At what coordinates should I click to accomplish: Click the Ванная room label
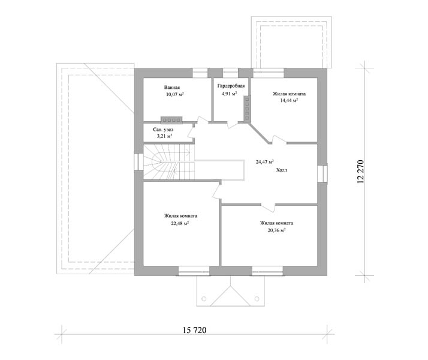coord(172,88)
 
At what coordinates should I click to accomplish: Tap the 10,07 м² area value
coord(174,95)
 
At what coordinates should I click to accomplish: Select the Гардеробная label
coord(231,86)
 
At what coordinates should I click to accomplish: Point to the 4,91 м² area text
coord(229,94)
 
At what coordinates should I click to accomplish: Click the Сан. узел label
coord(163,130)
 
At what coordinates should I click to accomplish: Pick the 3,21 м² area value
coord(164,136)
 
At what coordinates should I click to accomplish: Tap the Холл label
coord(282,170)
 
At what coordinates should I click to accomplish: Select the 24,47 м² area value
coord(265,162)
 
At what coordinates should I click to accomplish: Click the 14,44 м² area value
coord(289,100)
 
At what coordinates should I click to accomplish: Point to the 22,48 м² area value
coord(180,223)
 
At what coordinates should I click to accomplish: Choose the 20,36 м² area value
coord(276,230)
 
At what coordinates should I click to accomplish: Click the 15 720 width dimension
coord(195,330)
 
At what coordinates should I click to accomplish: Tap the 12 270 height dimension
coord(361,171)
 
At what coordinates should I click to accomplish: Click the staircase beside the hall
coord(169,162)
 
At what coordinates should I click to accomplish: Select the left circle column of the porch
coord(204,299)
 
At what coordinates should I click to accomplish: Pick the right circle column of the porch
coord(257,299)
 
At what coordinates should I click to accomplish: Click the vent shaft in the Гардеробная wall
coord(247,109)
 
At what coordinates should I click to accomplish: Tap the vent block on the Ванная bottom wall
coord(171,119)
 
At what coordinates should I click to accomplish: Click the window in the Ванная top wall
coord(200,73)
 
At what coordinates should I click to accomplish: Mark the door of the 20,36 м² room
coord(268,208)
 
